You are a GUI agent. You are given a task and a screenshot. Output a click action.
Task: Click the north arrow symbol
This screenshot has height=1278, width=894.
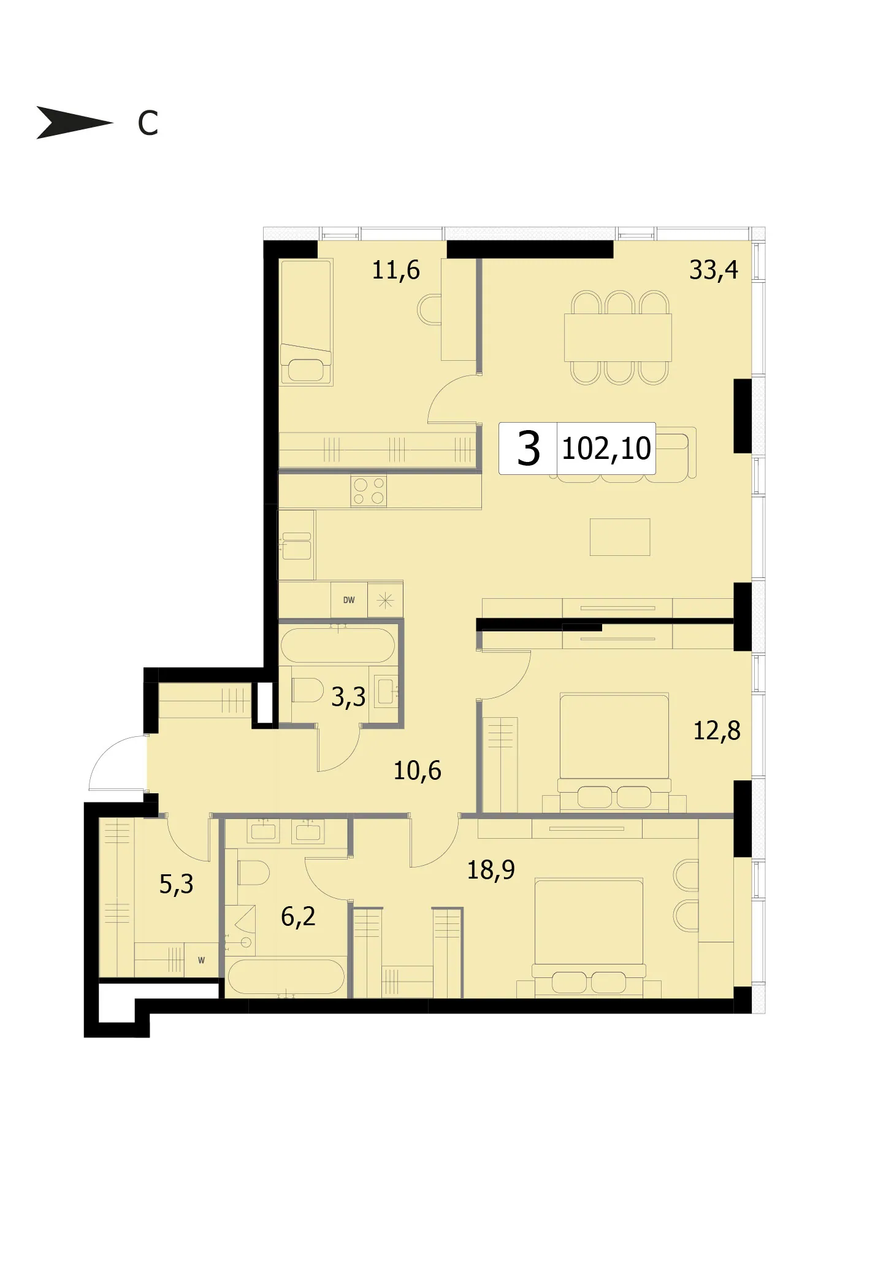(x=74, y=122)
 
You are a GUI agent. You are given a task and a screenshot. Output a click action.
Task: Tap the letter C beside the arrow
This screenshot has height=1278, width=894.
(x=148, y=123)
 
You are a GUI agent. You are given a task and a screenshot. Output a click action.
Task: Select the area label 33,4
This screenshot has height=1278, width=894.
(x=713, y=270)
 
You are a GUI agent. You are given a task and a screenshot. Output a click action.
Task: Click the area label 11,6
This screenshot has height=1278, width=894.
(x=395, y=270)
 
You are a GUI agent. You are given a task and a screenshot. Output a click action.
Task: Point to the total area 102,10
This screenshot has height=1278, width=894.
(x=606, y=448)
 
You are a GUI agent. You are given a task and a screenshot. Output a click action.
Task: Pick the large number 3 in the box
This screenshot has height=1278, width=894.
(x=528, y=448)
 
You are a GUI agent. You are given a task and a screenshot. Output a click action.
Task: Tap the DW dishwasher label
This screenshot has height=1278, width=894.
(x=349, y=600)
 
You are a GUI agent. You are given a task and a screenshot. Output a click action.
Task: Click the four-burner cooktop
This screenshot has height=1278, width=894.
(x=369, y=491)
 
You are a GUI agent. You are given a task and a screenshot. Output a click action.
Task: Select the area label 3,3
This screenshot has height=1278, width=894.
(x=348, y=697)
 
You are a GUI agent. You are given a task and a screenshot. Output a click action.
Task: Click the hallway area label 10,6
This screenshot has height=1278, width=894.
(x=417, y=771)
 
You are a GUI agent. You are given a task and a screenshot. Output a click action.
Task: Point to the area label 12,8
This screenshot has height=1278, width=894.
(x=717, y=731)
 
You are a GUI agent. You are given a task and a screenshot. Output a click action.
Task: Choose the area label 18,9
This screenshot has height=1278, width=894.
(x=491, y=870)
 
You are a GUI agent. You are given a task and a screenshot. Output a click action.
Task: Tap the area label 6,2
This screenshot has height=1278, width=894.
(x=298, y=917)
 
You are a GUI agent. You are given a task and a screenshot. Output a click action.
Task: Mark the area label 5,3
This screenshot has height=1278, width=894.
(x=176, y=884)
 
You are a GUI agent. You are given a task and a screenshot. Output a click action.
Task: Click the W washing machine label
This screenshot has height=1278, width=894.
(x=201, y=960)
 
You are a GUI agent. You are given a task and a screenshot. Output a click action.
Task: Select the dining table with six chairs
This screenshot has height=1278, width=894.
(x=618, y=337)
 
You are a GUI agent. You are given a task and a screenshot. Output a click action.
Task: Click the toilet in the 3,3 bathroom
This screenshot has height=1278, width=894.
(x=307, y=690)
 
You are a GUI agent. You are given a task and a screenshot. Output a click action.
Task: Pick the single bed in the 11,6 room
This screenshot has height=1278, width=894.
(x=306, y=322)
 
